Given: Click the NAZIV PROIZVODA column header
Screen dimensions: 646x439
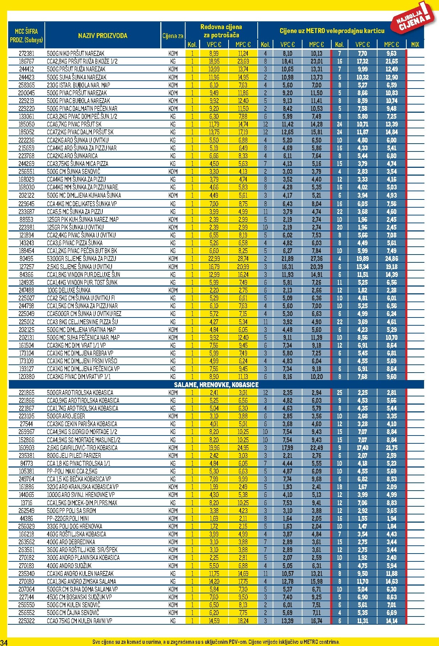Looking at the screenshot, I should point(102,36).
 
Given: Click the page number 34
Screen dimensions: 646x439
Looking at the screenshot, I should point(4,642).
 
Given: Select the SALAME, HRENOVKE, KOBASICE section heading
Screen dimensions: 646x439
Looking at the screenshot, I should point(216,385).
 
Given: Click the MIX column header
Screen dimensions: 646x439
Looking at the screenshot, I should point(415,44).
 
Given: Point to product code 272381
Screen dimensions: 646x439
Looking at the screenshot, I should point(26,53).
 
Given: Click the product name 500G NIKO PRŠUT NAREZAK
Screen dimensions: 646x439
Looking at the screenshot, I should point(75,53).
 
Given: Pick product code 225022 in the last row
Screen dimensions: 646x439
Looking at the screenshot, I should point(26,620).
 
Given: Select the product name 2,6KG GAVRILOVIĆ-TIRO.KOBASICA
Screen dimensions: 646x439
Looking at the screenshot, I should point(82,448).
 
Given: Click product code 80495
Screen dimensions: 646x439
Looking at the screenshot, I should point(26,259).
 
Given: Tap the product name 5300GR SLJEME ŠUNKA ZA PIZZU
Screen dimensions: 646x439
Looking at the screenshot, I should point(81,259).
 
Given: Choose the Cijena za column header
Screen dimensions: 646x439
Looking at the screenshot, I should point(173,36).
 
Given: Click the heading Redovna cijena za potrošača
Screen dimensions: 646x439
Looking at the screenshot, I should point(221,31).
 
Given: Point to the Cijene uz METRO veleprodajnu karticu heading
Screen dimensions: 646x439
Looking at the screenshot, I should point(332,31).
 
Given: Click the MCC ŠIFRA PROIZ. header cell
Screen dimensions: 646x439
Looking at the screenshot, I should point(26,35).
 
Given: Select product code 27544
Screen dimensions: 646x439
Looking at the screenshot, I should point(26,424).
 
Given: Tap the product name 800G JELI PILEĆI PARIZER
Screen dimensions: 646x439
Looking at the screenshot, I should point(74,455).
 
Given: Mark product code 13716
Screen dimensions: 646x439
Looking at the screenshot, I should point(26,503).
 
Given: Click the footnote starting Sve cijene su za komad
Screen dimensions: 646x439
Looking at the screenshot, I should point(216,642).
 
